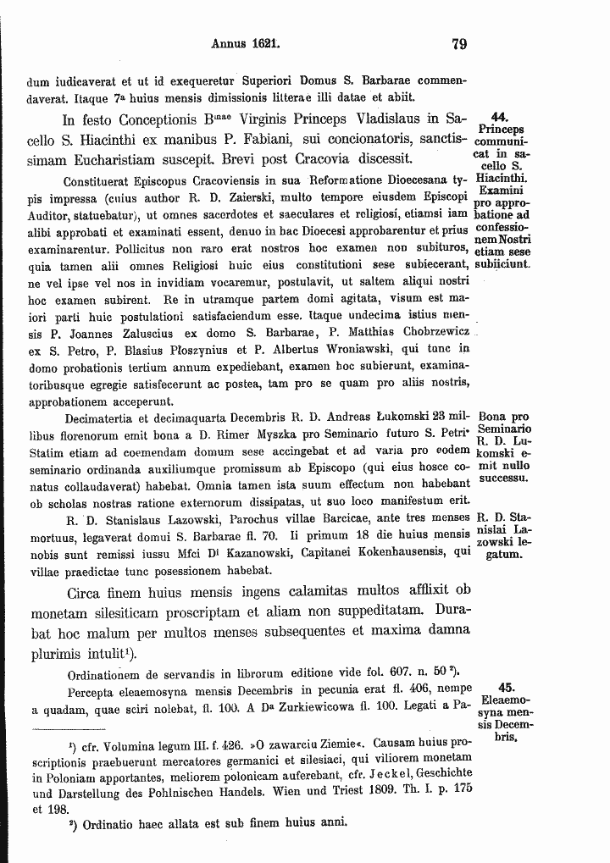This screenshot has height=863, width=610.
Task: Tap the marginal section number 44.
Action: click(x=499, y=118)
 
